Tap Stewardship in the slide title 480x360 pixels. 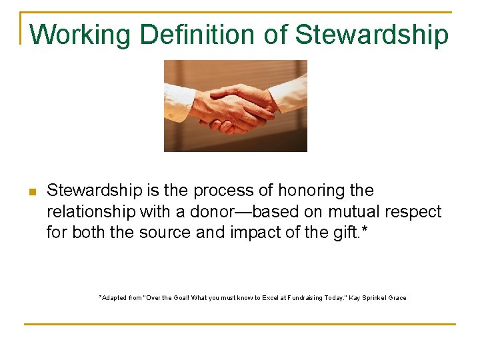[x=372, y=35]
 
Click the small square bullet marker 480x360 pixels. [x=32, y=192]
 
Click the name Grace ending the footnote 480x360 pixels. [x=397, y=297]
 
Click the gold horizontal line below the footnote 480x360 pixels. [x=240, y=324]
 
